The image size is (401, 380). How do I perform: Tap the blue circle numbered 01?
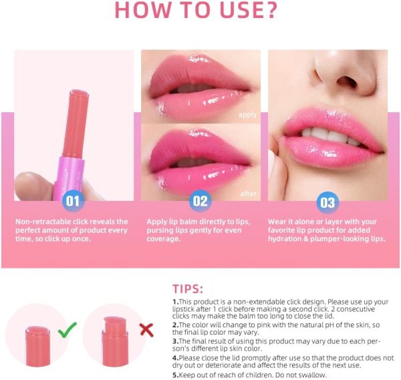point(73,201)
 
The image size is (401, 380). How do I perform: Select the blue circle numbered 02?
point(200,201)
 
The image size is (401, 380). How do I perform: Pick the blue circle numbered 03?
point(327,202)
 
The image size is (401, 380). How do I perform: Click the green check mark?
point(67,329)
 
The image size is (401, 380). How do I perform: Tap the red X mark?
point(146,330)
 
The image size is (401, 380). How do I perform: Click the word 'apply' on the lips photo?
point(247,115)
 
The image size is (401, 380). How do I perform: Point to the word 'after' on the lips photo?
point(248,194)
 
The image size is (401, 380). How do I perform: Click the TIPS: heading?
point(188,289)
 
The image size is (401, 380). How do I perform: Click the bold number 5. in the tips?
point(175,375)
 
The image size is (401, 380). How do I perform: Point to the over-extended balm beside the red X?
point(115,341)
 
